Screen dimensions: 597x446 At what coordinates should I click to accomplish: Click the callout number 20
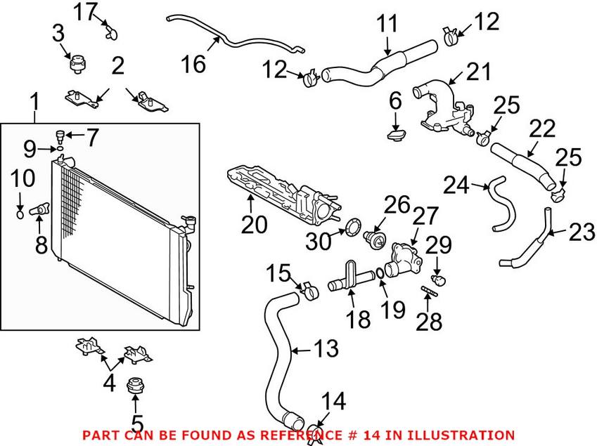pyautogui.click(x=255, y=224)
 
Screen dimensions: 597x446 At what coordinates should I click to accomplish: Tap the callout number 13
pyautogui.click(x=326, y=348)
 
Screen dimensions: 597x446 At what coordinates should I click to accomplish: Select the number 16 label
pyautogui.click(x=194, y=63)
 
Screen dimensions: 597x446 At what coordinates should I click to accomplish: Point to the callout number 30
pyautogui.click(x=319, y=242)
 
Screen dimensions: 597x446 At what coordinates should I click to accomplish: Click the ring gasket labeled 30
pyautogui.click(x=352, y=227)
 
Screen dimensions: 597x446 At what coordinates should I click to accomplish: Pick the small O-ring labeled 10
pyautogui.click(x=20, y=214)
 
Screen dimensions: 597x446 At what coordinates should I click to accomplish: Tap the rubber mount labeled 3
pyautogui.click(x=77, y=63)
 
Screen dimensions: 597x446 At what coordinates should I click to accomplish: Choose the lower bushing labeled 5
pyautogui.click(x=134, y=387)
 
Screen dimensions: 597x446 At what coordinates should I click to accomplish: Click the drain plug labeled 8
pyautogui.click(x=39, y=209)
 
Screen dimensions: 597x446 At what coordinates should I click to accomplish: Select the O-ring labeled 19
pyautogui.click(x=380, y=273)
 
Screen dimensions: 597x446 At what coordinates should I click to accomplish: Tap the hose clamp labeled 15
pyautogui.click(x=309, y=290)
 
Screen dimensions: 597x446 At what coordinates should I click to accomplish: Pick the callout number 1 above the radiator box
pyautogui.click(x=35, y=102)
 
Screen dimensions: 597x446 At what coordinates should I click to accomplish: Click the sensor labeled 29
pyautogui.click(x=439, y=280)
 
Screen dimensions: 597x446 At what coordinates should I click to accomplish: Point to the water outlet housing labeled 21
pyautogui.click(x=444, y=110)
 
